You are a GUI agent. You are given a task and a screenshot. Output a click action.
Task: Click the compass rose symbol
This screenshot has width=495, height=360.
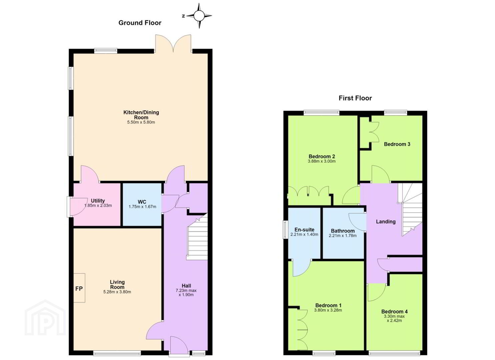point(199,16)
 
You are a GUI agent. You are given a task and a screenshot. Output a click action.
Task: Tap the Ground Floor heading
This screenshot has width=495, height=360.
point(140,23)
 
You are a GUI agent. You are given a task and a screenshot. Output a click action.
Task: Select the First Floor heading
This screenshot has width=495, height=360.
point(355,98)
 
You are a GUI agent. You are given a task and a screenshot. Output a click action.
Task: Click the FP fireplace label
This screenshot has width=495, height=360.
point(79,288)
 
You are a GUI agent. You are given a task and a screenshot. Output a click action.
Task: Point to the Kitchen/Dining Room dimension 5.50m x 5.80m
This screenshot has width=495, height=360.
point(141,122)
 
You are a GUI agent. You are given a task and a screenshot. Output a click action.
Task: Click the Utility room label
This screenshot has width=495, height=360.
point(98,201)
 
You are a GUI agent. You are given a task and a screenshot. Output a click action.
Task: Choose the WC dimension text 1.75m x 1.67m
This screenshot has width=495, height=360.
point(142,207)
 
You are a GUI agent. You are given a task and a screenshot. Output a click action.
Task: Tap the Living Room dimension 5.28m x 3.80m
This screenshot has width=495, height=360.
point(117,292)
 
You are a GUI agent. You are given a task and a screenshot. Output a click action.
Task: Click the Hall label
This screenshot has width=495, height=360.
point(186,286)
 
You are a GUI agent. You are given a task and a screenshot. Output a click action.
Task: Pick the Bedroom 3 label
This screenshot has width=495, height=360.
point(397,144)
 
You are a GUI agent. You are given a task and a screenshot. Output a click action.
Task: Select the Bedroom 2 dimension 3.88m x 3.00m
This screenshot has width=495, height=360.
point(322,161)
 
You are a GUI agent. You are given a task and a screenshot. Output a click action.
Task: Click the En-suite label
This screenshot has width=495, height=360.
point(304,229)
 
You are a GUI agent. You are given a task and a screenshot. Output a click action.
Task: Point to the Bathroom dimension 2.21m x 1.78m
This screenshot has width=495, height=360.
point(343,235)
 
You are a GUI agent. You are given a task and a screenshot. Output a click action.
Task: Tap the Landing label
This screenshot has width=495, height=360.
point(386,222)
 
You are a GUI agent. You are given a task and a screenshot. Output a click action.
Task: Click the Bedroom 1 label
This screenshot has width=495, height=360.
point(328,305)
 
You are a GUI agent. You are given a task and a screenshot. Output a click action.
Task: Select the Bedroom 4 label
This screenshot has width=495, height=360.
point(395,312)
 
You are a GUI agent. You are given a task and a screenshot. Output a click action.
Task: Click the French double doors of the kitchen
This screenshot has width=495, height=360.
point(173,44)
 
